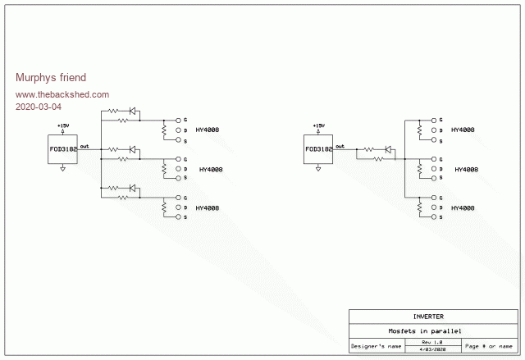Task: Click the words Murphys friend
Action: click(x=51, y=78)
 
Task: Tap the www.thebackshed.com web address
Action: click(x=62, y=94)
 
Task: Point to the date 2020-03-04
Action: click(x=39, y=107)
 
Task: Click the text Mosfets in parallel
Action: click(x=425, y=330)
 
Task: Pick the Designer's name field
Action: click(x=377, y=346)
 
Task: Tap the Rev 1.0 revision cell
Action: click(x=431, y=341)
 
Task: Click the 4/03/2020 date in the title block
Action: click(x=431, y=350)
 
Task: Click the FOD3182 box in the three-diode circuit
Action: click(x=63, y=149)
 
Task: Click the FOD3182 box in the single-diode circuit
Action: click(x=318, y=149)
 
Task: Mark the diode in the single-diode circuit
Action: click(x=389, y=148)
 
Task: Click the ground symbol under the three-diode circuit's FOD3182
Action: click(x=63, y=170)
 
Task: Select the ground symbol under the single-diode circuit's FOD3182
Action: click(x=318, y=170)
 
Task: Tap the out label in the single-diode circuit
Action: click(x=340, y=145)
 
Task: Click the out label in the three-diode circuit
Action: click(x=85, y=145)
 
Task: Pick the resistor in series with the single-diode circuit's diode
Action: click(x=369, y=148)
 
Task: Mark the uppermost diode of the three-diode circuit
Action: click(x=133, y=112)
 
